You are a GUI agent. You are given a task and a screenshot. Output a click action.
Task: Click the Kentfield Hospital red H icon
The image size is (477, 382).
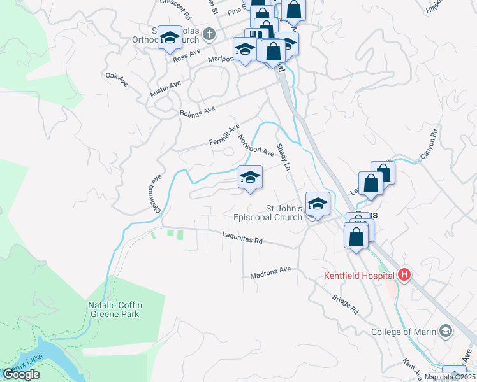click(x=403, y=275)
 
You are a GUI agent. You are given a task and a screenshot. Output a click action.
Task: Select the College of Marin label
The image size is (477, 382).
click(x=404, y=332)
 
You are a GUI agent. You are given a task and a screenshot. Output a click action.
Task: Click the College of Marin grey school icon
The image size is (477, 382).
click(x=445, y=330)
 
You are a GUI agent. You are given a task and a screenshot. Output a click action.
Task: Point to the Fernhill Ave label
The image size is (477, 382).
click(x=224, y=135)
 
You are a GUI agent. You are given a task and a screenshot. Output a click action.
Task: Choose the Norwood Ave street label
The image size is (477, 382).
click(x=256, y=146)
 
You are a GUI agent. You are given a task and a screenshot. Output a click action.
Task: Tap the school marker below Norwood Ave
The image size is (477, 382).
click(x=250, y=177)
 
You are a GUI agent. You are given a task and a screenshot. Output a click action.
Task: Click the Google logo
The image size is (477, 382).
click(x=20, y=375)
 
